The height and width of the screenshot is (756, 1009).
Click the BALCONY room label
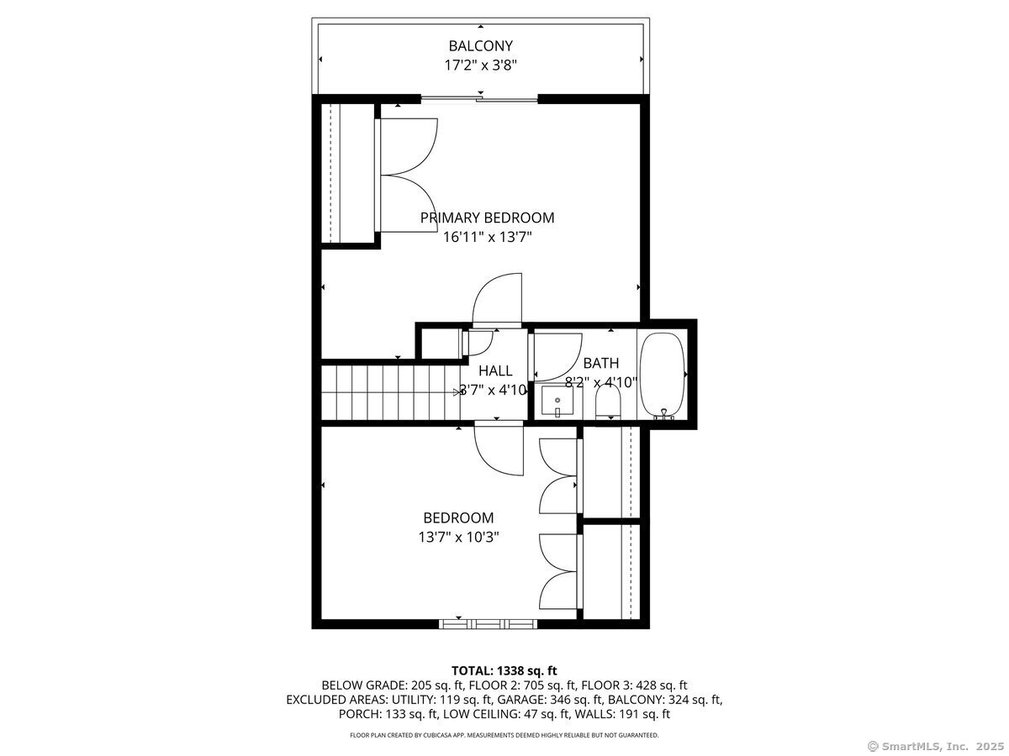(x=480, y=45)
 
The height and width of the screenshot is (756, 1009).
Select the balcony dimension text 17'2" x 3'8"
(x=480, y=64)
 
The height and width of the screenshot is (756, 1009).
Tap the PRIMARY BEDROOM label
(x=487, y=218)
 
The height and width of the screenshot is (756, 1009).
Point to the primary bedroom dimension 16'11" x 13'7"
(x=487, y=237)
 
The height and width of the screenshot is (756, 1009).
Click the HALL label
(x=495, y=370)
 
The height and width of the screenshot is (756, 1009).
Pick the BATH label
(x=600, y=363)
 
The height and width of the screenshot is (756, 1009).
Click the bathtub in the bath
(x=663, y=375)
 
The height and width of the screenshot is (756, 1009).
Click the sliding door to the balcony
(x=479, y=99)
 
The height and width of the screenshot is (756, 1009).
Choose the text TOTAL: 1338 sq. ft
(x=504, y=670)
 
